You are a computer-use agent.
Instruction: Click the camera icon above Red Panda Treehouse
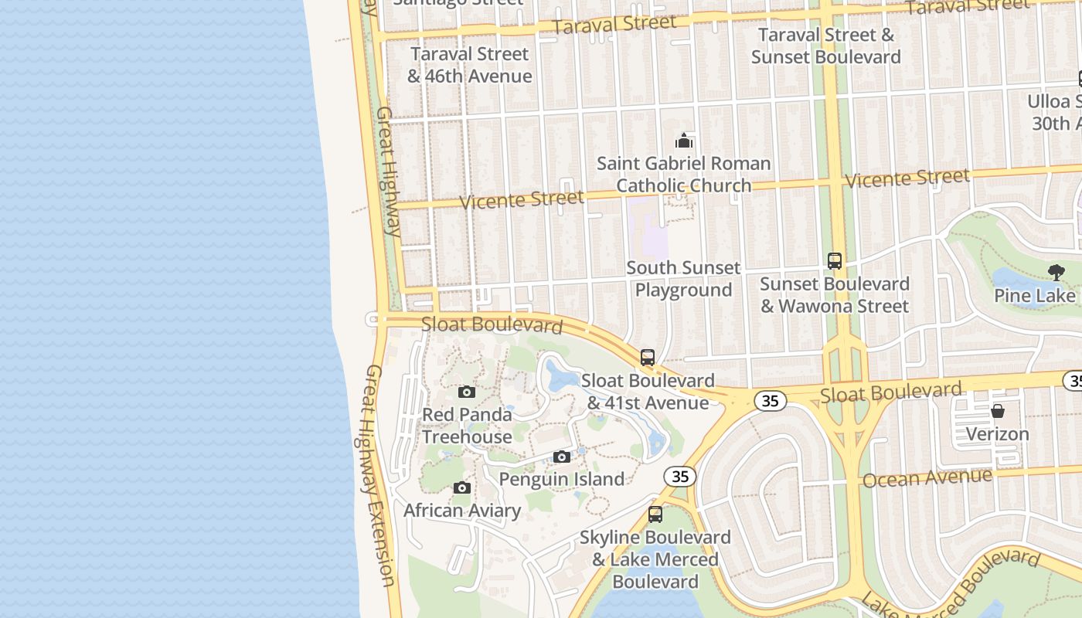point(466,392)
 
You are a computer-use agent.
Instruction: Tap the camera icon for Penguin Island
point(562,457)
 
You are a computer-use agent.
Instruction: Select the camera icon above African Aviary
point(462,488)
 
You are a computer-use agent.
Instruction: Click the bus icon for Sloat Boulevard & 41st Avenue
point(648,358)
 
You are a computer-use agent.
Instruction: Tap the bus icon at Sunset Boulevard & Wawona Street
point(835,261)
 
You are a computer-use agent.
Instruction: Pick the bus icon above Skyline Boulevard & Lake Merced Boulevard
point(655,514)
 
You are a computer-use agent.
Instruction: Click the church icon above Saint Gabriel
point(684,141)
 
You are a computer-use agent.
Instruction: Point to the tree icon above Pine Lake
point(1056,272)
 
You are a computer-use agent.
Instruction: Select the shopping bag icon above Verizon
point(998,411)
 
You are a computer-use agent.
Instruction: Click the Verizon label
point(998,434)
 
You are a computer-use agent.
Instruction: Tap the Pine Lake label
point(1034,296)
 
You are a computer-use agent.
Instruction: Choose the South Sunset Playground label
point(683,279)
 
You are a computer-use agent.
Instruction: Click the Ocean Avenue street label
point(927,478)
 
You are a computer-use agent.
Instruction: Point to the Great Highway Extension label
point(379,475)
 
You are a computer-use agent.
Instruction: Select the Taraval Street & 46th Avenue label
point(470,65)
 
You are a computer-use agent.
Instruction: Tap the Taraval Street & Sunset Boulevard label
point(826,46)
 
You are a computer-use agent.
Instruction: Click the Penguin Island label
point(562,479)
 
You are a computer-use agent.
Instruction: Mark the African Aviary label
point(462,511)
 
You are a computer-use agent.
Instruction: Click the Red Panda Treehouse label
point(467,426)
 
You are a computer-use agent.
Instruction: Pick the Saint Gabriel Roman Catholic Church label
point(684,175)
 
